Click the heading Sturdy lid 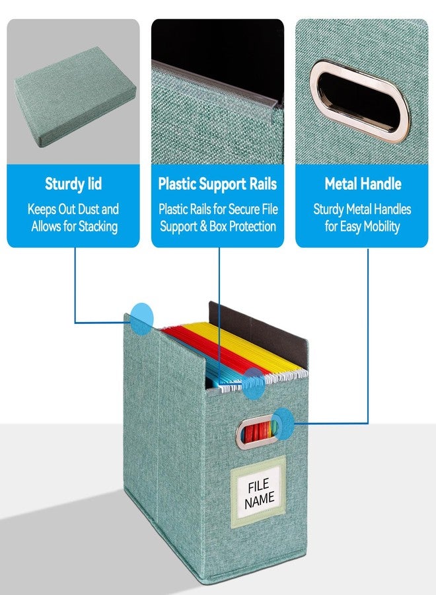coord(73,184)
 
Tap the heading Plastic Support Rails coord(217,184)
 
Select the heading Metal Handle coord(363,184)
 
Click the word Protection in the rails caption coord(252,227)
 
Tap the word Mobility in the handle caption coord(381,227)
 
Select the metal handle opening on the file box coord(256,432)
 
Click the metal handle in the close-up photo coord(360,101)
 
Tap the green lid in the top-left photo coord(75,97)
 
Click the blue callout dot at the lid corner coord(142,319)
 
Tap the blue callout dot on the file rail coord(253,383)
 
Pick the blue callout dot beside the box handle coord(283,424)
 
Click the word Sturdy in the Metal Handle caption coord(329,210)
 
